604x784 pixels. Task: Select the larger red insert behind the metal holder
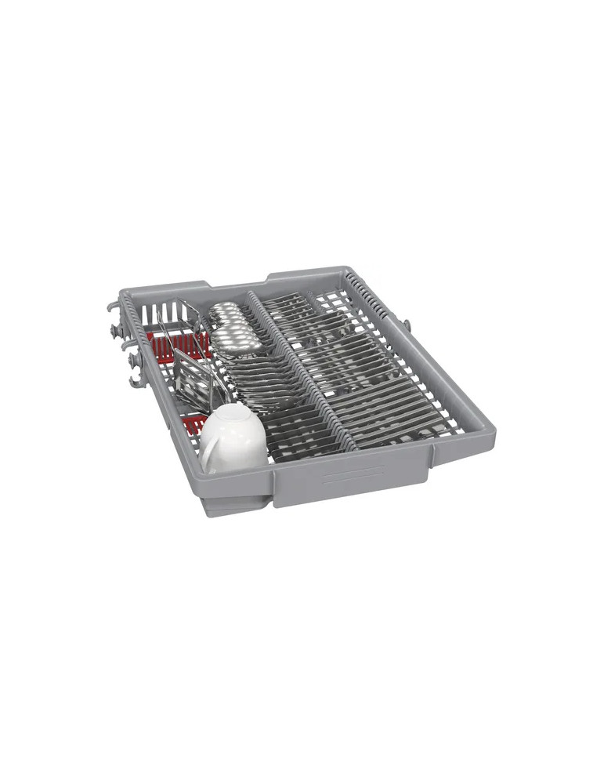point(177,343)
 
